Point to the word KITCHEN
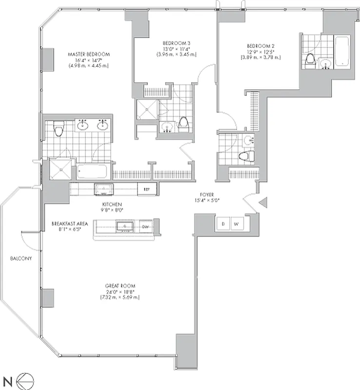tap(112, 204)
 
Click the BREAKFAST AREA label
tap(70, 224)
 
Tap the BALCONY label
tap(20, 259)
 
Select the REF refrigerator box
tap(146, 189)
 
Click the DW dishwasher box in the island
tap(145, 226)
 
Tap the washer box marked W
tap(236, 224)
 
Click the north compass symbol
tap(22, 379)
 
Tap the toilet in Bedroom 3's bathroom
tap(183, 124)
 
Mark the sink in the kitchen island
tap(124, 226)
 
